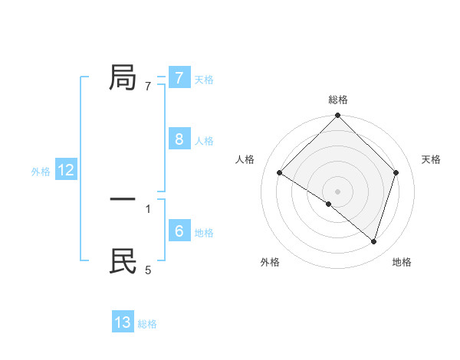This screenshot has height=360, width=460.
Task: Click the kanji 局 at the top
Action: coord(123,78)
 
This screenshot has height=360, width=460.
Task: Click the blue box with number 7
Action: coord(179,78)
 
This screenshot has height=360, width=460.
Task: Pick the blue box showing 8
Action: coord(179,139)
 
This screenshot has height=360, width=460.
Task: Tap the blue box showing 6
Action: coord(179,231)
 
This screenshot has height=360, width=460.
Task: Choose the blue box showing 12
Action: coord(66,170)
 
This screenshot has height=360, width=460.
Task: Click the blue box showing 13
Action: coord(123,322)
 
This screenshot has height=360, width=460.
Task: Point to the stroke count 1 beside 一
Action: coord(148,208)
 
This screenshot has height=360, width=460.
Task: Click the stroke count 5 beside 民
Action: coord(148,270)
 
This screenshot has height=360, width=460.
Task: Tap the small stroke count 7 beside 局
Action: coord(148,87)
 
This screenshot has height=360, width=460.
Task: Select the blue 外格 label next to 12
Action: coord(41,172)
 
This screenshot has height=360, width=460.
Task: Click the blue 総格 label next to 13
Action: coord(147,324)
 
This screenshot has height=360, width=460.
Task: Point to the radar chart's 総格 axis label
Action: coord(338,100)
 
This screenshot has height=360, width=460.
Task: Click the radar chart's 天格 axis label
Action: coord(431,159)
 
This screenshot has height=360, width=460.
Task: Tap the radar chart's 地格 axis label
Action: coord(402,262)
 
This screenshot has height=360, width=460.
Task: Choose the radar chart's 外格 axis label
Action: coord(270,262)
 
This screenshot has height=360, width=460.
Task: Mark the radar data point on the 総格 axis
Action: coord(338,116)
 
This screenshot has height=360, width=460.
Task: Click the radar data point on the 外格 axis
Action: coord(329,204)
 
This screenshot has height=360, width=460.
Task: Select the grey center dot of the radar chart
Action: coord(338,191)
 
